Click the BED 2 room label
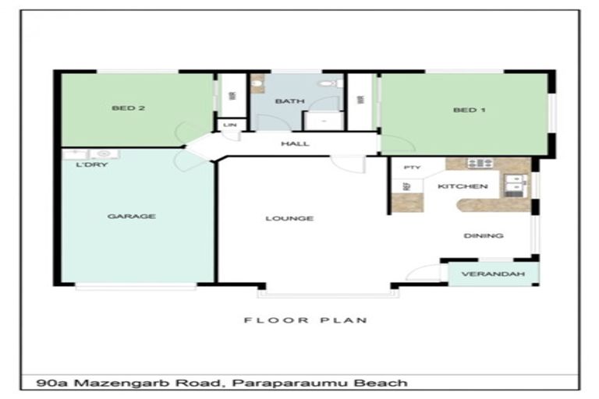pyautogui.click(x=129, y=108)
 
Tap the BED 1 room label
pyautogui.click(x=469, y=110)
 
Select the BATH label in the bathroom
pyautogui.click(x=290, y=101)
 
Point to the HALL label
pyautogui.click(x=295, y=144)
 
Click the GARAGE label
pyautogui.click(x=131, y=217)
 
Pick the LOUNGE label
pyautogui.click(x=289, y=218)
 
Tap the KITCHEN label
pyautogui.click(x=463, y=186)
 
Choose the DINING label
pyautogui.click(x=484, y=235)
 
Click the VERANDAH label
pyautogui.click(x=493, y=274)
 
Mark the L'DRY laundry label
pyautogui.click(x=92, y=165)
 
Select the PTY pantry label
pyautogui.click(x=412, y=168)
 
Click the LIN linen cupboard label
pyautogui.click(x=230, y=125)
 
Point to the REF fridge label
pyautogui.click(x=406, y=186)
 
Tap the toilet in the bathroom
pyautogui.click(x=330, y=83)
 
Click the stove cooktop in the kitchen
pyautogui.click(x=480, y=163)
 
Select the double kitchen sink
pyautogui.click(x=516, y=185)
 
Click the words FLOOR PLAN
pyautogui.click(x=306, y=320)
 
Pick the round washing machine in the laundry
pyautogui.click(x=105, y=154)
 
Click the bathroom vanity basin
pyautogui.click(x=257, y=83)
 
